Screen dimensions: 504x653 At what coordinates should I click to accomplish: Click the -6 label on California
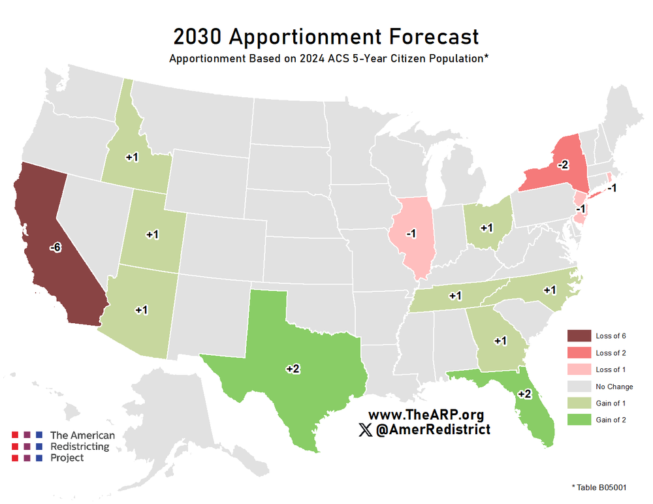point(56,247)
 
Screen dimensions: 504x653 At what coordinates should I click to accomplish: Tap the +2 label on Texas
point(293,369)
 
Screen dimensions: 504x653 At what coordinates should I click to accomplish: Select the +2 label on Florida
point(524,394)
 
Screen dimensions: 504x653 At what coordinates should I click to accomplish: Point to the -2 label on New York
point(563,165)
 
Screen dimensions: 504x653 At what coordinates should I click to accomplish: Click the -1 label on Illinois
point(410,234)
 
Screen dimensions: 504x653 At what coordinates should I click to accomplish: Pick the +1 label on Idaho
point(131,157)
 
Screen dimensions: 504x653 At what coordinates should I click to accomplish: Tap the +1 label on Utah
point(152,234)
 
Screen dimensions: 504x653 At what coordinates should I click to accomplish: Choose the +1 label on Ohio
point(486,227)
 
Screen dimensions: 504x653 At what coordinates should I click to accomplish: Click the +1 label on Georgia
point(500,340)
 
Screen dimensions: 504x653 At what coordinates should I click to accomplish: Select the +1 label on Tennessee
point(455,295)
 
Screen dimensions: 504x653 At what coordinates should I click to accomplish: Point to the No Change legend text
point(614,386)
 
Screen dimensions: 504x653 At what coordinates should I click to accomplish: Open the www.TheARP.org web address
point(426,415)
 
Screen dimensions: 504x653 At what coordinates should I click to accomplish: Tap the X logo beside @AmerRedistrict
point(366,430)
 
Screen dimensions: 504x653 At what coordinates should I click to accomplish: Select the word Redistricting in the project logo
point(80,447)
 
